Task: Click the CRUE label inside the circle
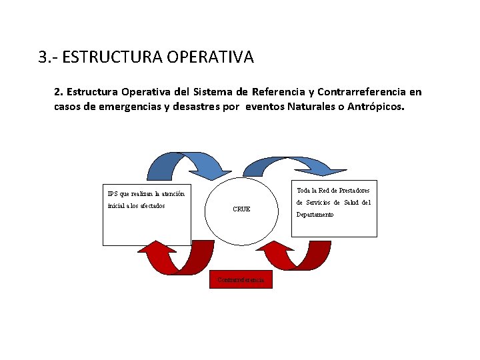coord(241,209)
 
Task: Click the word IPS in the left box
coord(113,194)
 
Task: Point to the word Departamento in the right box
coord(315,215)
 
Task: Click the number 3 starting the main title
coord(43,57)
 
